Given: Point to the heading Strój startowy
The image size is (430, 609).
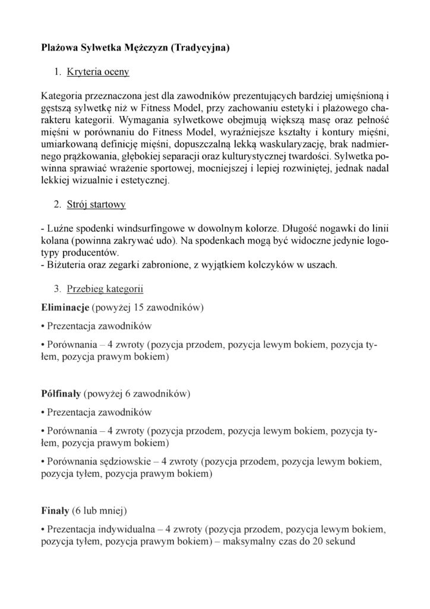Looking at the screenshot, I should tap(96, 205).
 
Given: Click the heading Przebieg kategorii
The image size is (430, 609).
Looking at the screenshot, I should tap(105, 289).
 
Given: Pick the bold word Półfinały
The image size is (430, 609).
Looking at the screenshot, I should tap(62, 394).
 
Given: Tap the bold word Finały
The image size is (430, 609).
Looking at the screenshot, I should tap(55, 510).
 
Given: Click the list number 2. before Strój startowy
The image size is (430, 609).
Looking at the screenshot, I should tap(58, 205).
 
